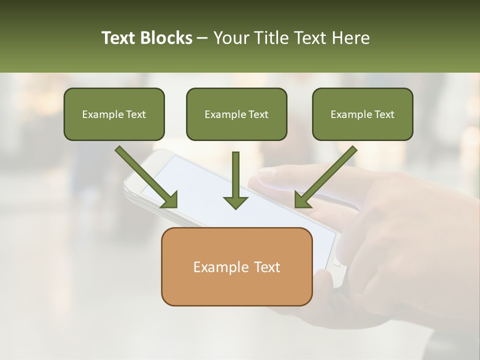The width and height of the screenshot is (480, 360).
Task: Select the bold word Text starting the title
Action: [x=119, y=38]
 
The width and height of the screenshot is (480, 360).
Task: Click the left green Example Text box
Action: [x=114, y=114]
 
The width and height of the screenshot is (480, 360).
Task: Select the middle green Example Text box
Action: [x=236, y=114]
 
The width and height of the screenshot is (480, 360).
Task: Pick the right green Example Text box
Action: [x=362, y=114]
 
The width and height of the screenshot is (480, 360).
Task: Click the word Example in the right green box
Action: [x=347, y=114]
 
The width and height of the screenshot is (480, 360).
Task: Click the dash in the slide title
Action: [x=202, y=38]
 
